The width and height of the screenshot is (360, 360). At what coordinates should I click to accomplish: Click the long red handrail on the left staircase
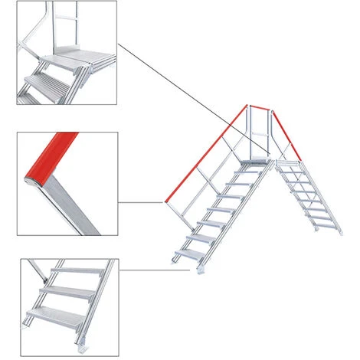pyautogui.click(x=205, y=153)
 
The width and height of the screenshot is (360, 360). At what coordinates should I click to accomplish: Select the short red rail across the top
pyautogui.click(x=257, y=106)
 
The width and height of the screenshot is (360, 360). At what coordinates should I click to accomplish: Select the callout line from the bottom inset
pyautogui.click(x=149, y=270)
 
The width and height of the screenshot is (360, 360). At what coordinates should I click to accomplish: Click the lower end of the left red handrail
pyautogui.click(x=165, y=201)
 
